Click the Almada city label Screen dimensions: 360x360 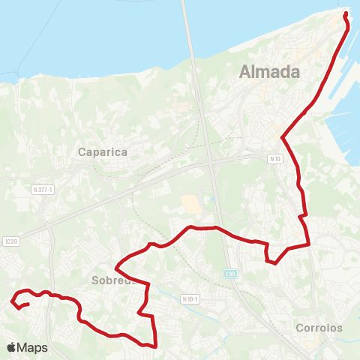[x=269, y=72]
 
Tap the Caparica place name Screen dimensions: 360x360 [x=103, y=151]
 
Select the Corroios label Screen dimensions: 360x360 [x=319, y=328]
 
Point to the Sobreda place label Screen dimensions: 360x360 [x=112, y=281]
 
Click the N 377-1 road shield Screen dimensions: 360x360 [x=42, y=190]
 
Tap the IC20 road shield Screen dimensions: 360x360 [x=9, y=220]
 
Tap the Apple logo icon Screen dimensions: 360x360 [x=11, y=348]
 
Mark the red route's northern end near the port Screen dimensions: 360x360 [x=345, y=14]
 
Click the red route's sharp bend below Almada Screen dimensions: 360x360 [x=282, y=137]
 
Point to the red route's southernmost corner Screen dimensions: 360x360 [x=154, y=346]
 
